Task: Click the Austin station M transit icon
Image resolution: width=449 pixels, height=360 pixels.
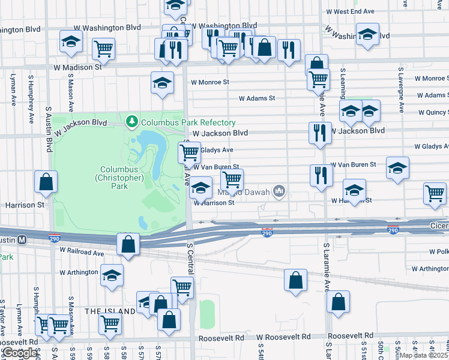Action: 22,239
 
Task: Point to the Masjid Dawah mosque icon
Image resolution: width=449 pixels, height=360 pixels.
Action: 279,191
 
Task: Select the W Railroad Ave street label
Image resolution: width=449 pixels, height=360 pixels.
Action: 82,253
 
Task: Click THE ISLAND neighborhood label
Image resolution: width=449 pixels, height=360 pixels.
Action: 110,311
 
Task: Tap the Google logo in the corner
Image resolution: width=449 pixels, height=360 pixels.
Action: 20,353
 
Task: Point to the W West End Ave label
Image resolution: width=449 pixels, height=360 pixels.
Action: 350,11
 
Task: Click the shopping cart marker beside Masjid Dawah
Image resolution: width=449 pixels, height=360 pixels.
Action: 232,179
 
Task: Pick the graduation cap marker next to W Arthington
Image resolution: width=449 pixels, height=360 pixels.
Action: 112,275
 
